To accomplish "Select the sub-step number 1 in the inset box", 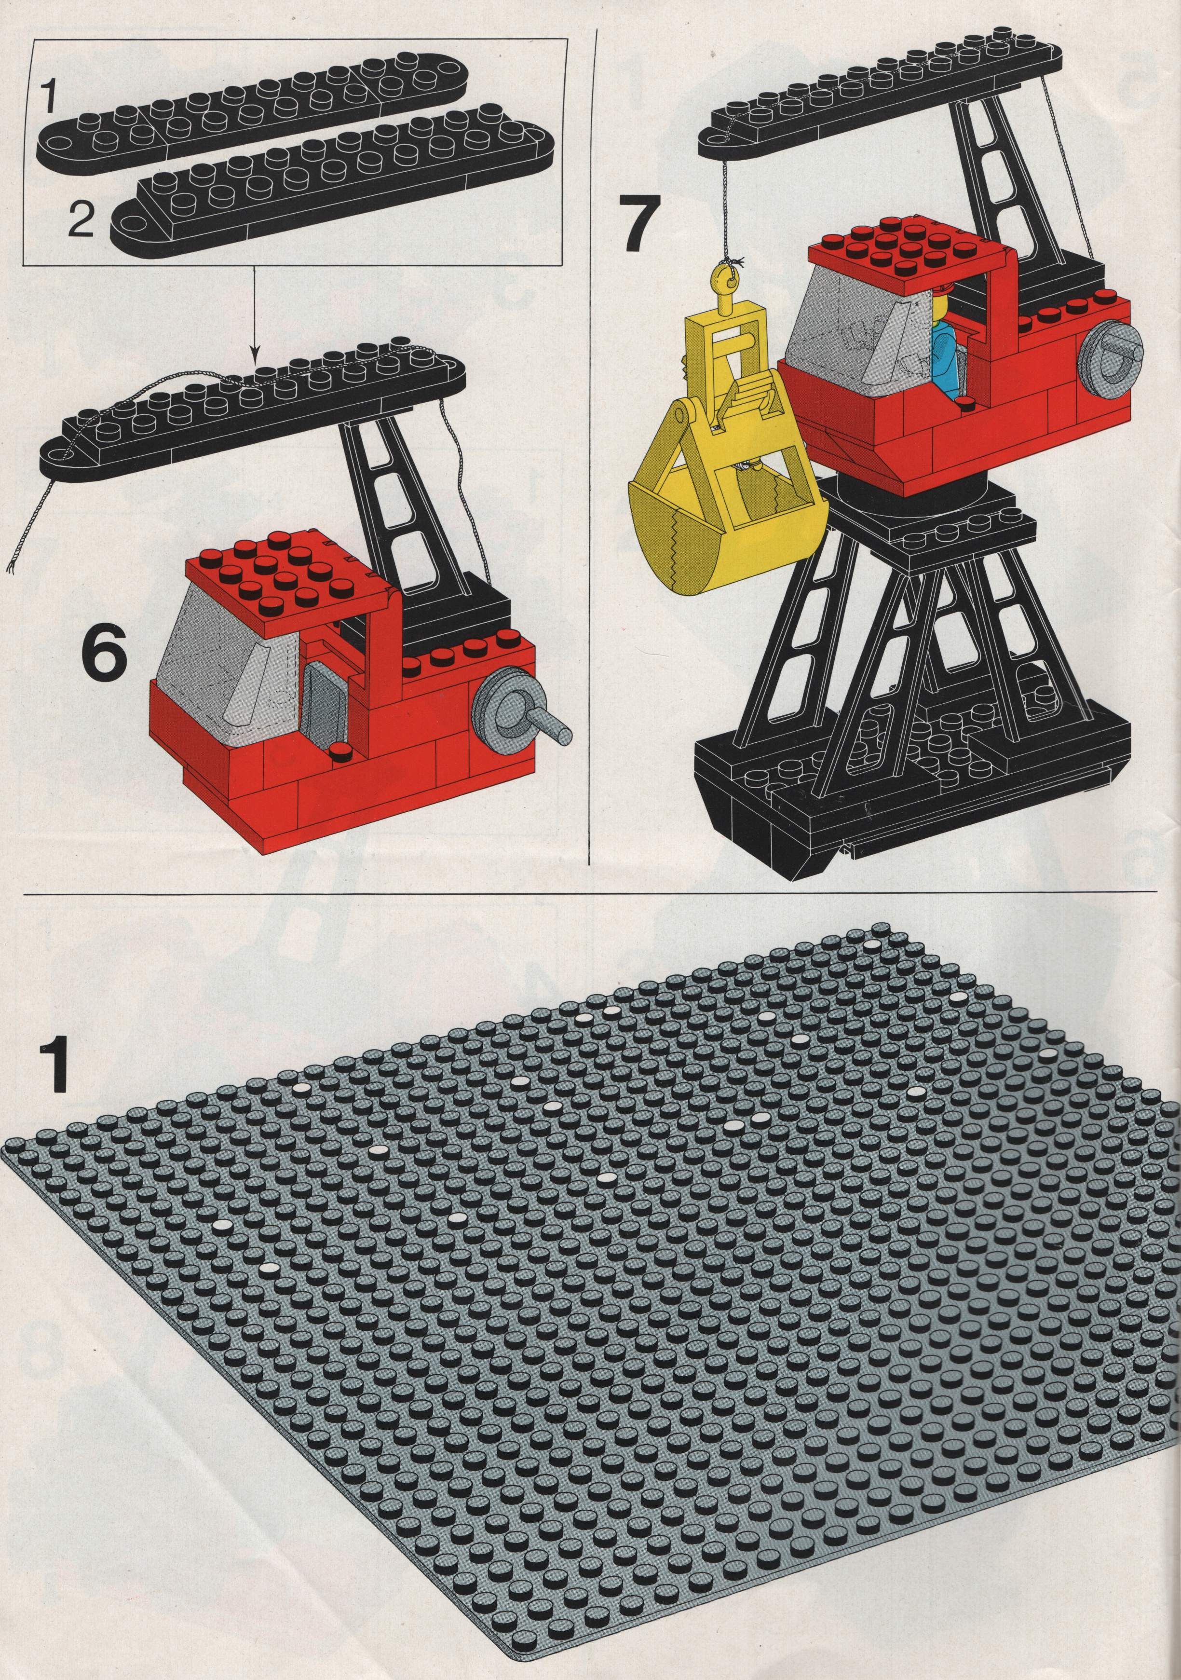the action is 48,97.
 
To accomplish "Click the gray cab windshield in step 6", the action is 227,658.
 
